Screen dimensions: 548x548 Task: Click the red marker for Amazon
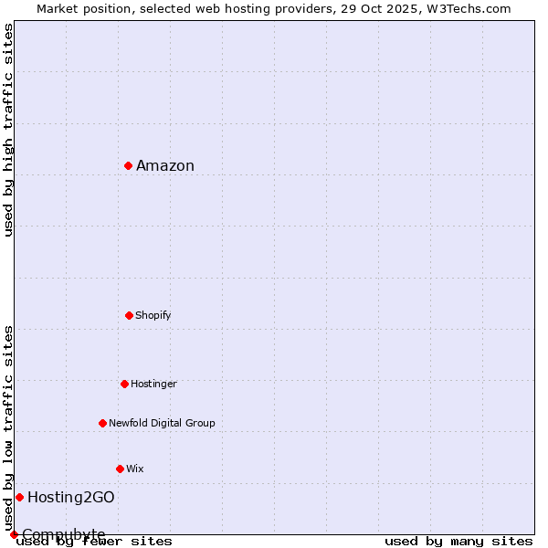click(x=129, y=165)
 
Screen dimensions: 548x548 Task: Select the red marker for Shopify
click(x=129, y=315)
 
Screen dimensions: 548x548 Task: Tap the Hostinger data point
click(x=124, y=384)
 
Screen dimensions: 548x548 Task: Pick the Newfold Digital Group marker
click(x=102, y=423)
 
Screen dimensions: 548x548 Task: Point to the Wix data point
click(x=120, y=469)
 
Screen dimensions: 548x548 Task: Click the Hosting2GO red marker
click(x=19, y=497)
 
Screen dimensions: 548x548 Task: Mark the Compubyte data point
click(x=14, y=534)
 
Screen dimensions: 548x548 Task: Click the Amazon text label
click(x=165, y=165)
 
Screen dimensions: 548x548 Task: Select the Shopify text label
click(x=153, y=315)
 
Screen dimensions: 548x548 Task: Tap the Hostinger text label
click(x=153, y=384)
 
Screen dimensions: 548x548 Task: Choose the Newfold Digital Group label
click(x=162, y=423)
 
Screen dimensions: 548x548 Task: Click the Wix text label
click(x=135, y=469)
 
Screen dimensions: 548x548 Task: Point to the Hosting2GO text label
click(x=71, y=497)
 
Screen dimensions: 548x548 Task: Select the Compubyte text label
click(x=64, y=534)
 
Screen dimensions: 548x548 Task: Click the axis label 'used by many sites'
click(x=458, y=541)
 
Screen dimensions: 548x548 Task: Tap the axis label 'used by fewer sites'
click(x=95, y=541)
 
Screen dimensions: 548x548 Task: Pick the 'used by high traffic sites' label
click(x=9, y=130)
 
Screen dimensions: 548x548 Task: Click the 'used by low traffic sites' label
click(x=9, y=427)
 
